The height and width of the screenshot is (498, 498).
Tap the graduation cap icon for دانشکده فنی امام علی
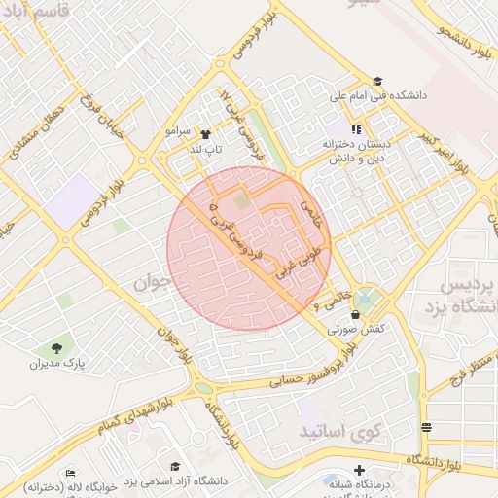(377, 82)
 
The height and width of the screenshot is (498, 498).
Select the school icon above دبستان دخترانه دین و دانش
(356, 128)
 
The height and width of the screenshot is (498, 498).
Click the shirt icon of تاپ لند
(205, 134)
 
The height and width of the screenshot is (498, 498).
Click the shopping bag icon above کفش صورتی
(355, 314)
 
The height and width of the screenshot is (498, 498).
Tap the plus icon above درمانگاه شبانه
(359, 470)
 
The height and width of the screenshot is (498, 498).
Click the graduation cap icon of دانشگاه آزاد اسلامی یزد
(175, 467)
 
